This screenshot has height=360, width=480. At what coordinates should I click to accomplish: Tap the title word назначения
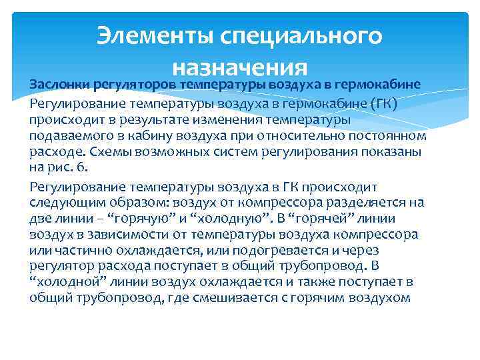pos(239,67)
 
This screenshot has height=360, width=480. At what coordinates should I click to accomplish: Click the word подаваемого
pos(73,136)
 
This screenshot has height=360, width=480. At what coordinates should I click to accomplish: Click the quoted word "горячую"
pos(123,218)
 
